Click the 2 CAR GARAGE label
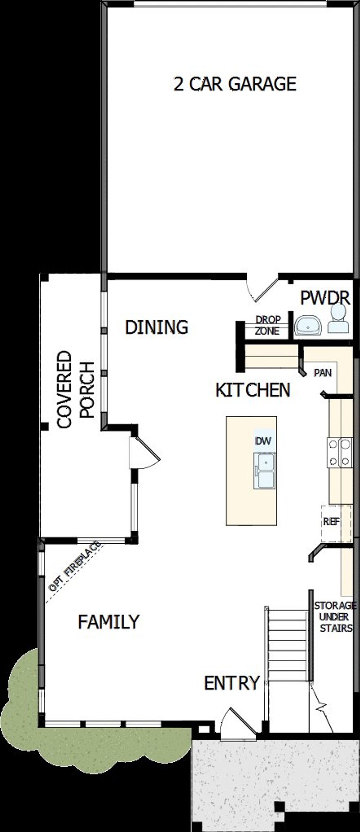[235, 84]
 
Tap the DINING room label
[156, 327]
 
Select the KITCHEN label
[253, 390]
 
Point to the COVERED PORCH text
[76, 390]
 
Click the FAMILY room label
[109, 622]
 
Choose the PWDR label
[325, 297]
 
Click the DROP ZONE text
[267, 325]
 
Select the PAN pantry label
[323, 373]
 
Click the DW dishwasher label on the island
[263, 441]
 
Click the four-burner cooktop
[339, 453]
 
